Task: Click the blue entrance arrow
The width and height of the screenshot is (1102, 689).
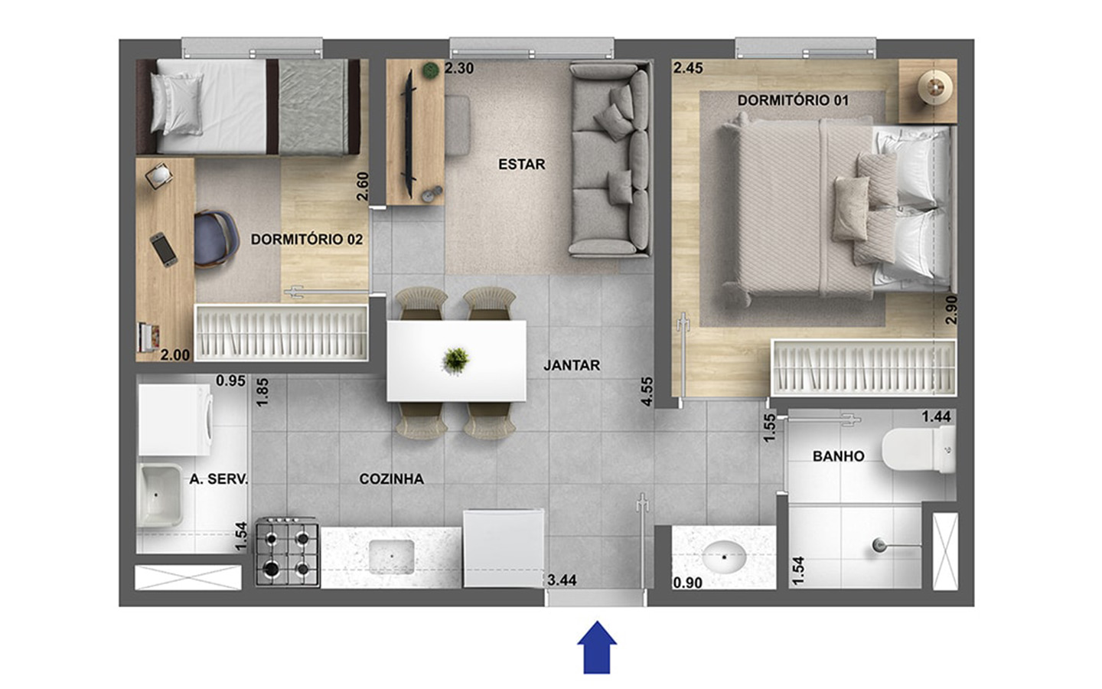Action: [597, 647]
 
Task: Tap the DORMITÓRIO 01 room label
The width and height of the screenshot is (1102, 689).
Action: [793, 100]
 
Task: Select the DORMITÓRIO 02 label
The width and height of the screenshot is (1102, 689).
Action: [306, 240]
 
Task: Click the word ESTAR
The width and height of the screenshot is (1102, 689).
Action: [521, 164]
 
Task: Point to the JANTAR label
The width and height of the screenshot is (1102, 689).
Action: [572, 365]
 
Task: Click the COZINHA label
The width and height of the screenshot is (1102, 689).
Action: [391, 479]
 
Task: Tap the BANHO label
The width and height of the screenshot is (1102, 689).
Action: [838, 456]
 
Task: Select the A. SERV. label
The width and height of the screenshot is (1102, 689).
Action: [219, 479]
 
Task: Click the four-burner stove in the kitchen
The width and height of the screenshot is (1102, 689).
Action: [287, 552]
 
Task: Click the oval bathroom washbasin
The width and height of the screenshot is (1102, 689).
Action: [724, 557]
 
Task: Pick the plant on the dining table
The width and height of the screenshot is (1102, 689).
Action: [455, 361]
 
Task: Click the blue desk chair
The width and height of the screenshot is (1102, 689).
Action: [216, 239]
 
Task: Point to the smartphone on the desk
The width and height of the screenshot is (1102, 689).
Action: [164, 250]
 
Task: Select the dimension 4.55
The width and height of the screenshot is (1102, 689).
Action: [647, 392]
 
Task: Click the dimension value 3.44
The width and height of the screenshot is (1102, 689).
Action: [562, 580]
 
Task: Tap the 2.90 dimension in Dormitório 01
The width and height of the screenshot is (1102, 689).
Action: [951, 309]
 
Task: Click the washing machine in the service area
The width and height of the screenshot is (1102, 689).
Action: [175, 420]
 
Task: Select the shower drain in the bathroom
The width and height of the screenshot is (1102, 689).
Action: [879, 545]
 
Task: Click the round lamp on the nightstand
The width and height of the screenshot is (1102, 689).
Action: [935, 87]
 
